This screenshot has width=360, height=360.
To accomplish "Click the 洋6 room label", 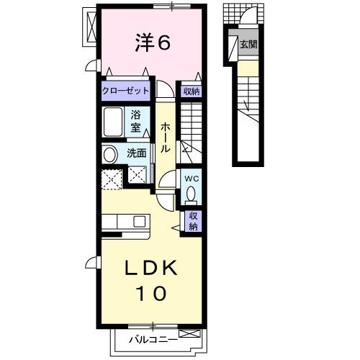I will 152,43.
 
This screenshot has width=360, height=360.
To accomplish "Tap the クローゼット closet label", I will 125,91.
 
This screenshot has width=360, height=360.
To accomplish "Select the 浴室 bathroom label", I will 136,120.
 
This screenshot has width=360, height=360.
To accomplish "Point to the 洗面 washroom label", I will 137,153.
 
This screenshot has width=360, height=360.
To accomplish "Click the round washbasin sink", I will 109,153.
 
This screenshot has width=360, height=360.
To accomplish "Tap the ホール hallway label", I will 165,138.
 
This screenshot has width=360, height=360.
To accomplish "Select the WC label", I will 191,178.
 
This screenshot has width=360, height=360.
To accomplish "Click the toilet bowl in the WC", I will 191,194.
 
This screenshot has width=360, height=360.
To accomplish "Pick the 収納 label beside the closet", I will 191,91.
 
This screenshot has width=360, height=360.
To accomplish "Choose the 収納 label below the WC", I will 194,220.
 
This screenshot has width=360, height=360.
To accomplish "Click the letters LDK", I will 152,268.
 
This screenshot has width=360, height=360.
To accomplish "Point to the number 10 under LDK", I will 152,293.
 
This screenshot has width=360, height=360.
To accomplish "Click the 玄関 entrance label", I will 247,45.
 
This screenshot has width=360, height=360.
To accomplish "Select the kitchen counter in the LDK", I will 124,222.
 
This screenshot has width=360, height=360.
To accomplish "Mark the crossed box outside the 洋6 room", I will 91,27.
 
